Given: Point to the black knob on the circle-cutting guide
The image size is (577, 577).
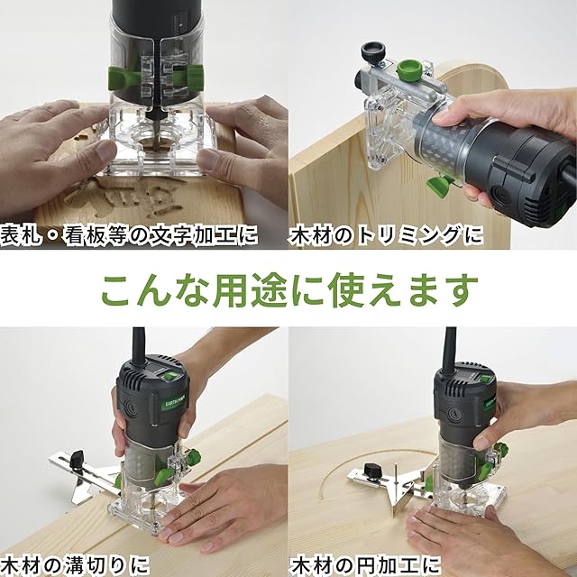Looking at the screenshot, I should (x=370, y=471).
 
